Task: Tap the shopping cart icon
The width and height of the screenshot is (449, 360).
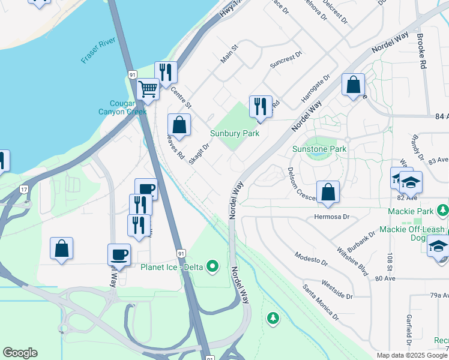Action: pyautogui.click(x=148, y=89)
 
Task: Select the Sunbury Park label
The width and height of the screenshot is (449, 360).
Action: pyautogui.click(x=235, y=133)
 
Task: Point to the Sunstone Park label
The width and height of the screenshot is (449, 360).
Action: pyautogui.click(x=319, y=149)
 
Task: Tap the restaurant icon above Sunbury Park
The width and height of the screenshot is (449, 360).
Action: pyautogui.click(x=261, y=106)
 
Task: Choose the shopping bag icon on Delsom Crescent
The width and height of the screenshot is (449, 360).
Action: pyautogui.click(x=328, y=192)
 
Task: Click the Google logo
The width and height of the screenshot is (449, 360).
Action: pyautogui.click(x=20, y=353)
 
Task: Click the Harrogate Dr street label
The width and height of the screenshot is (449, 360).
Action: pyautogui.click(x=316, y=86)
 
